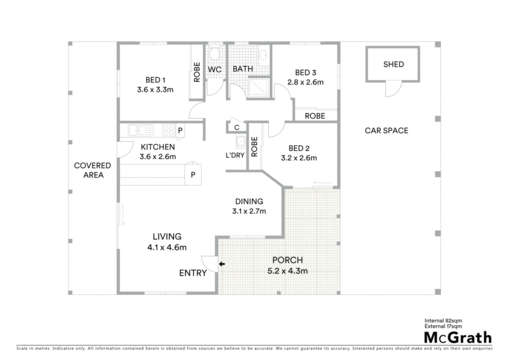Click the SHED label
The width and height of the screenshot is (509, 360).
[394, 64]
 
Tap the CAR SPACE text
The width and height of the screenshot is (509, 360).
[386, 130]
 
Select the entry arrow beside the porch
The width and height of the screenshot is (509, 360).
[222, 264]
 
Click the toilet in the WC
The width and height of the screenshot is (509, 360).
[214, 53]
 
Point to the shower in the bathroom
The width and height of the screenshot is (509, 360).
[258, 88]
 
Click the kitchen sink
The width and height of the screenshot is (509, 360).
[141, 130]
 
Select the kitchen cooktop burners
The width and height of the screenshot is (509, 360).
[169, 130]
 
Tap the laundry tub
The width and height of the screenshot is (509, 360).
[241, 142]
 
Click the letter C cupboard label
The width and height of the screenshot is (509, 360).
[237, 128]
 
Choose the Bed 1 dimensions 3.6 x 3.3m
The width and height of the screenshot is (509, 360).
[155, 90]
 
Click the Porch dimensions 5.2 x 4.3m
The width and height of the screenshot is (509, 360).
[288, 270]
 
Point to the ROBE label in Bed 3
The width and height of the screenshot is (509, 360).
[315, 116]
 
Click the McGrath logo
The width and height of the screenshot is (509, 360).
[458, 338]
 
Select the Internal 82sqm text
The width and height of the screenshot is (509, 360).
[443, 321]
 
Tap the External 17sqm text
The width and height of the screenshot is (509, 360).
[443, 326]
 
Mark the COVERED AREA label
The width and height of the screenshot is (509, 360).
[93, 170]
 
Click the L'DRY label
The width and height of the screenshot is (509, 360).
[235, 155]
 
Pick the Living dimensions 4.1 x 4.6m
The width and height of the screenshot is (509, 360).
[167, 247]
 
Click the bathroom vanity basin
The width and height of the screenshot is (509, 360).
[263, 55]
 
